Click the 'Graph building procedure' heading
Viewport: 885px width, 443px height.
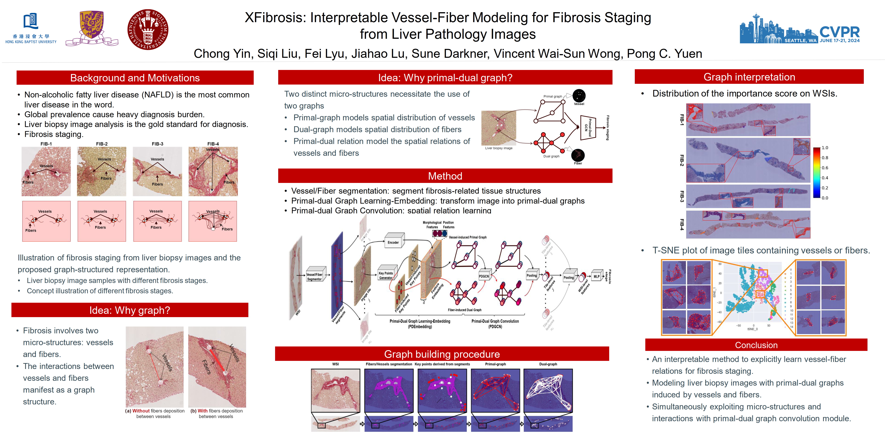tap(442, 354)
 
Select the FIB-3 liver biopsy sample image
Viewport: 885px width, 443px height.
tap(157, 171)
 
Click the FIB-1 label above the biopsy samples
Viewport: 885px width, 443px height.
tap(46, 144)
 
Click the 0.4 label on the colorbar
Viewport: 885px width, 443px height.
tap(825, 178)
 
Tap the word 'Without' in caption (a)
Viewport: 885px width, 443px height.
tap(141, 411)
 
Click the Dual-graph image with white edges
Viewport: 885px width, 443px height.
tap(548, 390)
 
